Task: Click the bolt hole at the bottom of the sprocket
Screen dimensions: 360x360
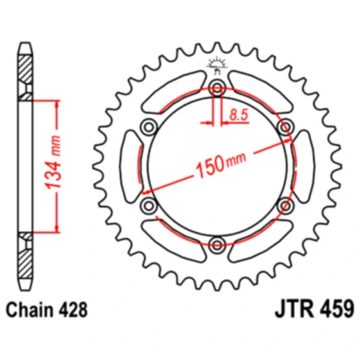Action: (x=217, y=243)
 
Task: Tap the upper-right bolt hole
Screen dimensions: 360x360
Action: (x=284, y=126)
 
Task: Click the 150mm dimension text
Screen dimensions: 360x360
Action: (x=220, y=163)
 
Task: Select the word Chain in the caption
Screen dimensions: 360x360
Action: (x=32, y=308)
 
